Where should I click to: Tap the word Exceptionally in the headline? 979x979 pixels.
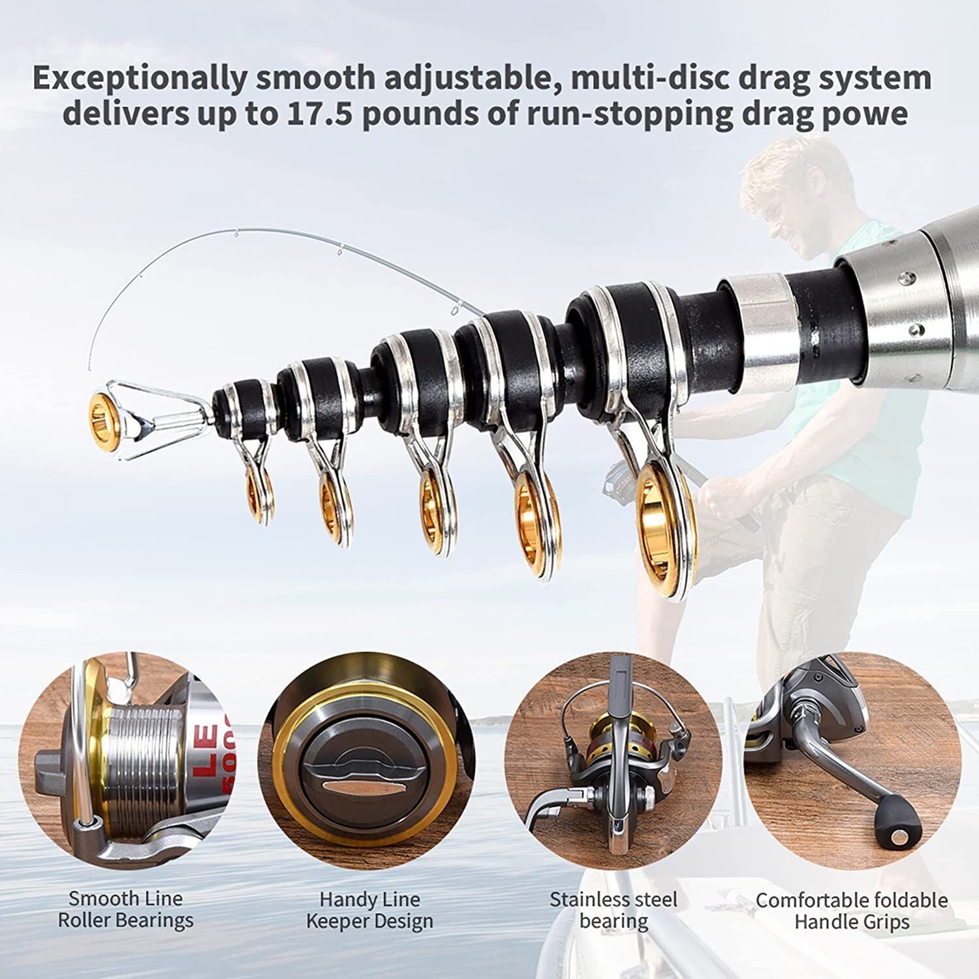tap(140, 78)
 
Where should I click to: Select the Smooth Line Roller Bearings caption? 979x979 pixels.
tap(125, 909)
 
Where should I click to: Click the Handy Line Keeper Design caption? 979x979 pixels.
tap(369, 910)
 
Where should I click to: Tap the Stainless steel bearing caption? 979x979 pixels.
tap(614, 910)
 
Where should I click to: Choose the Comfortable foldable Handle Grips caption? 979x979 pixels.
tap(852, 910)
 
